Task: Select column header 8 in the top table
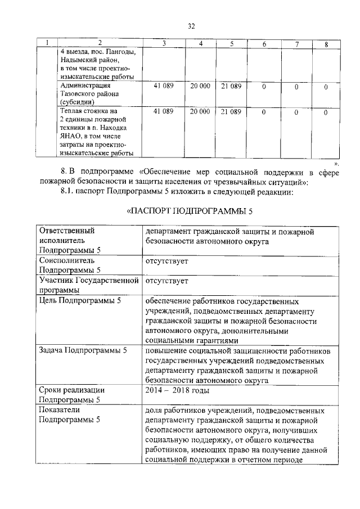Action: pos(326,44)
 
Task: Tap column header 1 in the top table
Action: pos(47,44)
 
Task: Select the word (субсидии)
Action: pos(77,102)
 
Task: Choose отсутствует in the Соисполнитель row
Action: pos(166,262)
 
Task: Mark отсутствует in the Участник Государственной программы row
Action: pos(166,281)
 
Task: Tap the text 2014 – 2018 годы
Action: pos(177,390)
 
